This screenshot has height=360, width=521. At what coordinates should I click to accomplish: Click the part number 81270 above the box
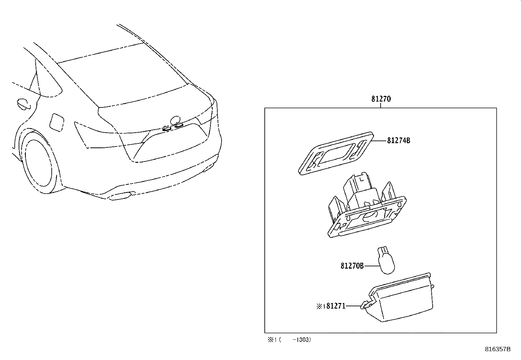[381, 99]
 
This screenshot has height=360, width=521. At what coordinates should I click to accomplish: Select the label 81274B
[399, 141]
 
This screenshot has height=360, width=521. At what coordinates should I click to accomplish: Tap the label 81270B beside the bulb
[352, 266]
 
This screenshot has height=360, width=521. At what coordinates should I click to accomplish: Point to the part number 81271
[336, 306]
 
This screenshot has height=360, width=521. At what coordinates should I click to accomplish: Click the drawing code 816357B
[497, 349]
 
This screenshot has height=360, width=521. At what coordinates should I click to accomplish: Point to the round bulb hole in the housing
[371, 216]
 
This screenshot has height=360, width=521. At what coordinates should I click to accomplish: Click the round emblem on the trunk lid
[176, 120]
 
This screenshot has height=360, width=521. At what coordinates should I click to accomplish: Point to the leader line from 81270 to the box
[381, 105]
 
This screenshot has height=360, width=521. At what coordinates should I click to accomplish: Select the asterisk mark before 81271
[319, 306]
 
